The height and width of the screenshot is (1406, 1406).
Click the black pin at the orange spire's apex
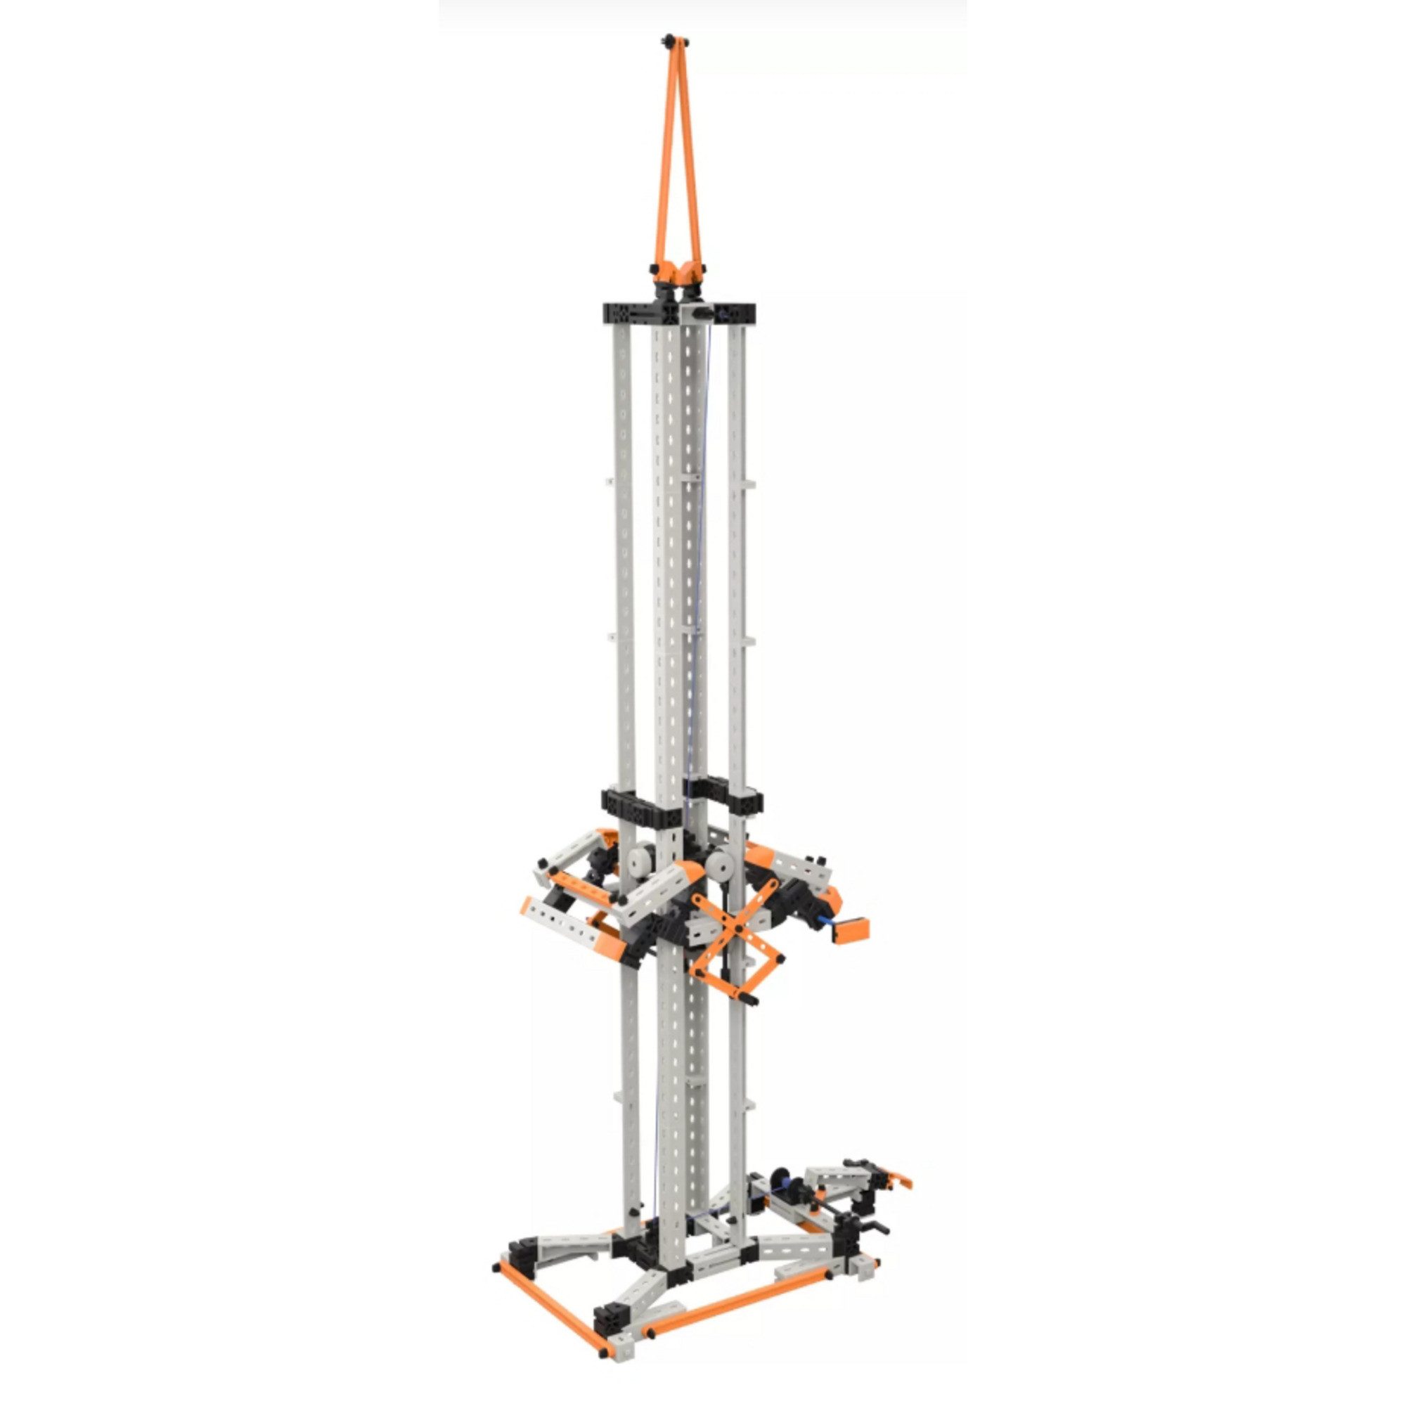(x=667, y=39)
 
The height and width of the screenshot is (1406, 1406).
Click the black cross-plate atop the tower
(x=678, y=314)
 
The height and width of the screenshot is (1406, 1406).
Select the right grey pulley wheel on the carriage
(x=721, y=867)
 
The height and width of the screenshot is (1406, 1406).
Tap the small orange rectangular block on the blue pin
(x=851, y=929)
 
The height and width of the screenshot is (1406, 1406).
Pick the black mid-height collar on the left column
(x=630, y=804)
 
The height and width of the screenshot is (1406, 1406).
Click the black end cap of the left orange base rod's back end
(x=497, y=1268)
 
